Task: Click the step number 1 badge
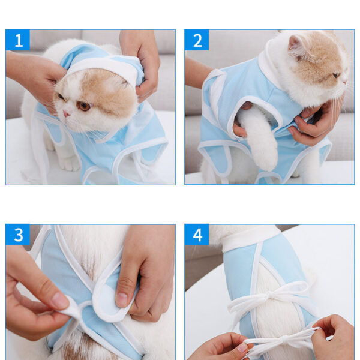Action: pos(17,40)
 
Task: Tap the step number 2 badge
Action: pos(197,40)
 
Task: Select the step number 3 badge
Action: pos(17,235)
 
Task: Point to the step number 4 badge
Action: pos(197,235)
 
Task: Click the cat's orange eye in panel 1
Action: pos(83,106)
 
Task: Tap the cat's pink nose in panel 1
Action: pos(67,113)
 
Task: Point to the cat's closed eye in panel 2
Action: pos(337,75)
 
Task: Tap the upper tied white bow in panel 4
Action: pos(272,296)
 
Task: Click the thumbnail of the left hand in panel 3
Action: pos(61,301)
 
